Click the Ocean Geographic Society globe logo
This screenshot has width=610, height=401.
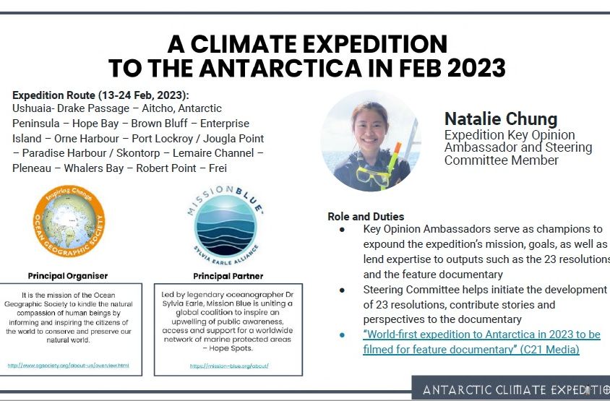coord(70,222)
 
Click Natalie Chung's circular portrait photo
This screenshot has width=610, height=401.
coord(371,141)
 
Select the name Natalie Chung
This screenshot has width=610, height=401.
coord(500,118)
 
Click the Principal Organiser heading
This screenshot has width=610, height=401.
coord(68,276)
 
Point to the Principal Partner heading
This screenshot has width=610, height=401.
coord(228,276)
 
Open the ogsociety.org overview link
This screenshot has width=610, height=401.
coord(69,366)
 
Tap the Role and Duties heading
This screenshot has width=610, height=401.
coord(366,216)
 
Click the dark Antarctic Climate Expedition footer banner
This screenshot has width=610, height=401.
coord(510,389)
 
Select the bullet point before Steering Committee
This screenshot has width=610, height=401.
coord(342,290)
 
